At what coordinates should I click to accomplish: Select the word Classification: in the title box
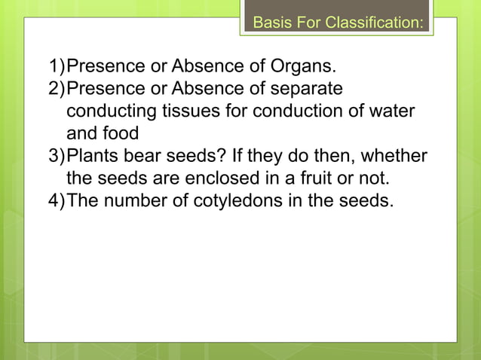[373, 23]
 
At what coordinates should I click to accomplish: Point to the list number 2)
[57, 90]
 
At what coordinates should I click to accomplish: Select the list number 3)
[57, 157]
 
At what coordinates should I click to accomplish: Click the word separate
[310, 90]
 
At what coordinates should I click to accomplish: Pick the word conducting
[111, 112]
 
